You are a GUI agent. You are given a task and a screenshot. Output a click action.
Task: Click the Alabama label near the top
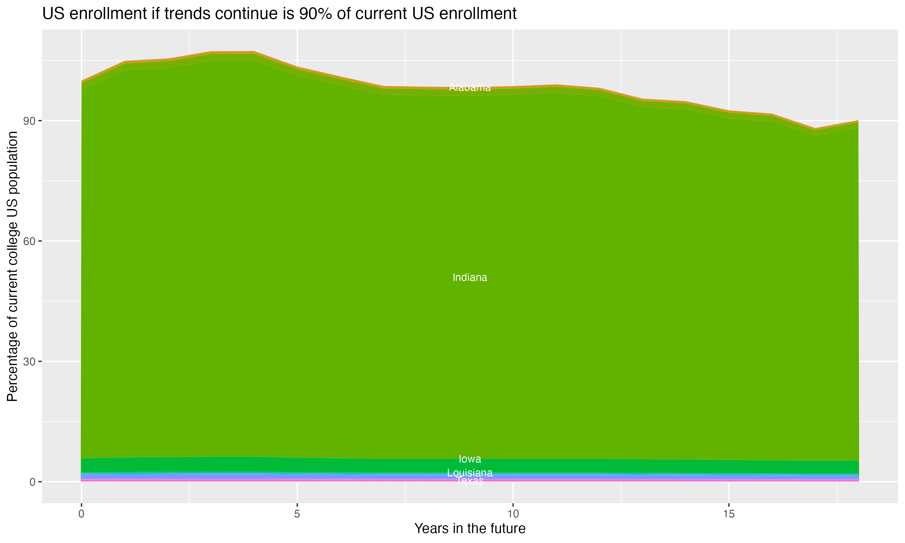click(470, 87)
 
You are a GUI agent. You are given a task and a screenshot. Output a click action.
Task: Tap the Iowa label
click(470, 459)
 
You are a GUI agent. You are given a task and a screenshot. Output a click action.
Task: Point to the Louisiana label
click(470, 473)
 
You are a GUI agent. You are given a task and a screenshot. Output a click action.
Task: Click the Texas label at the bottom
click(470, 481)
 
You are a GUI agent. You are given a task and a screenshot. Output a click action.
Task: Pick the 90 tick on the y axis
click(29, 121)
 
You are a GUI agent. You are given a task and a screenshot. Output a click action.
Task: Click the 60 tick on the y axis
click(29, 241)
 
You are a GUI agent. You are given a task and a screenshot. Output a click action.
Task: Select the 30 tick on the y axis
click(29, 361)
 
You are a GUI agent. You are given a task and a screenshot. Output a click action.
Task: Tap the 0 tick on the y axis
click(32, 482)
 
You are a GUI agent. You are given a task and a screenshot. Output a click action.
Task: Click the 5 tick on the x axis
click(297, 514)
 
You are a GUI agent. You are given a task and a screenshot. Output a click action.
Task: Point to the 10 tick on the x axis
click(513, 514)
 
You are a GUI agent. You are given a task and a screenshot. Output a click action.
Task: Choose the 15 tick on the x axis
click(729, 514)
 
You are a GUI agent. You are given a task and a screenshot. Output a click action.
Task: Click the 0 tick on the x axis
click(81, 514)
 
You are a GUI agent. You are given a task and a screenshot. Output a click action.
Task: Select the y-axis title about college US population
click(12, 266)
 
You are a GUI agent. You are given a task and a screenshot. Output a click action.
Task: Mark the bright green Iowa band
click(256, 465)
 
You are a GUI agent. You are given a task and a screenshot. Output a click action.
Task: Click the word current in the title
click(382, 14)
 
